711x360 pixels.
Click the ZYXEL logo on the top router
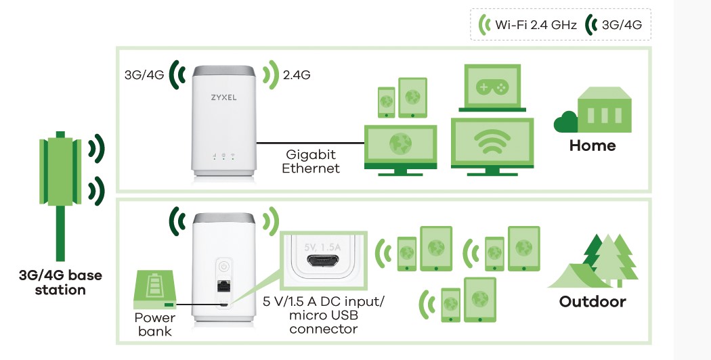tap(223, 97)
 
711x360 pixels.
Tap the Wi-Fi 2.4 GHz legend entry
tap(528, 26)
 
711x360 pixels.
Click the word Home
tap(592, 145)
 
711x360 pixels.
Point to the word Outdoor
tap(592, 301)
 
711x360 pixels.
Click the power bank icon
tap(156, 288)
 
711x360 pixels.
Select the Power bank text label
tap(155, 324)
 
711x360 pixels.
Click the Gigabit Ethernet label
tap(312, 162)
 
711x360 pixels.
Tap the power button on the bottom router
tap(223, 266)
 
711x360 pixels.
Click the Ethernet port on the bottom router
tap(223, 286)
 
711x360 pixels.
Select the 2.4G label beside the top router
tap(297, 75)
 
